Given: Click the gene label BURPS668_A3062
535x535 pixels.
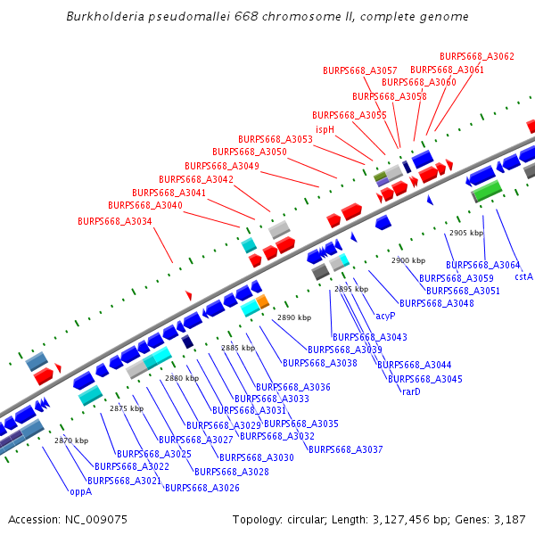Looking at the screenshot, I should click(x=477, y=56).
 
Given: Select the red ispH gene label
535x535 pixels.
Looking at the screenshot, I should click(x=325, y=129).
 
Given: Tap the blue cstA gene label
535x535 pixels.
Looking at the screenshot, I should click(x=523, y=276).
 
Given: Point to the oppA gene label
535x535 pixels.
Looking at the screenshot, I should click(x=80, y=490).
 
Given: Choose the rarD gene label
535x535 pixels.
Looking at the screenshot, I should click(x=411, y=391).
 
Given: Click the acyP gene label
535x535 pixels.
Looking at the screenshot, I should click(x=385, y=316).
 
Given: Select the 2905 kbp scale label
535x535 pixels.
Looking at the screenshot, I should click(x=466, y=233).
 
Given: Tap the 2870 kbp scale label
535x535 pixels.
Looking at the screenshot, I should click(x=71, y=440).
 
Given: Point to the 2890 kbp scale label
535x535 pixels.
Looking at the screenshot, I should click(x=294, y=317).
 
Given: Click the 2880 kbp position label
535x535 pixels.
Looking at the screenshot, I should click(x=182, y=378).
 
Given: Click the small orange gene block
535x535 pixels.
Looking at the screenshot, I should click(x=263, y=301).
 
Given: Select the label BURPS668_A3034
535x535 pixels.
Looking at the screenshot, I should click(x=115, y=221).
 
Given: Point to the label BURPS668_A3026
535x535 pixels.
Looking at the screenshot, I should click(x=202, y=488).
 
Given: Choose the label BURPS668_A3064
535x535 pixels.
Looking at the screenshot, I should click(x=483, y=265).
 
